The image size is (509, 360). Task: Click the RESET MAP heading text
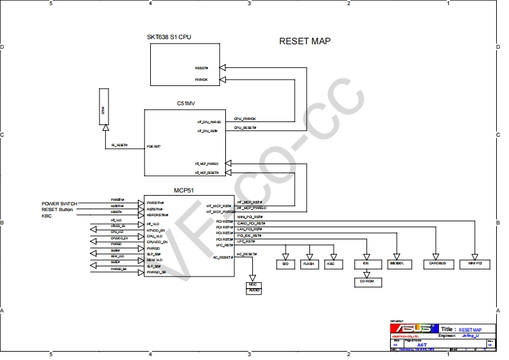click(305, 41)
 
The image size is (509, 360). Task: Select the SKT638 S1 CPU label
click(169, 37)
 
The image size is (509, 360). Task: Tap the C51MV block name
click(186, 103)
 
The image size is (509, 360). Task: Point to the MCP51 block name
click(185, 191)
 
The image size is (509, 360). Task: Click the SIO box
click(285, 264)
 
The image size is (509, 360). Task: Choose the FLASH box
click(309, 264)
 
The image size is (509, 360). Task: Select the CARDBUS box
click(438, 264)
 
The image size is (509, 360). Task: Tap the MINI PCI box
click(475, 264)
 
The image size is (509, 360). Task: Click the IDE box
click(365, 264)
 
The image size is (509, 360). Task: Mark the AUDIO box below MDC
click(255, 291)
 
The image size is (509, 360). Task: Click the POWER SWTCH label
click(59, 203)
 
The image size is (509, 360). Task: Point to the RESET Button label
click(58, 210)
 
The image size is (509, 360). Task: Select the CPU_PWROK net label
click(245, 119)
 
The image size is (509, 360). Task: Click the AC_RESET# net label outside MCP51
click(246, 254)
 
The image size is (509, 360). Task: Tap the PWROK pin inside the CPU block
click(202, 80)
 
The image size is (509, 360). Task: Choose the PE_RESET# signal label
click(119, 146)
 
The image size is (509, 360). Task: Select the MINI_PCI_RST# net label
click(249, 217)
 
